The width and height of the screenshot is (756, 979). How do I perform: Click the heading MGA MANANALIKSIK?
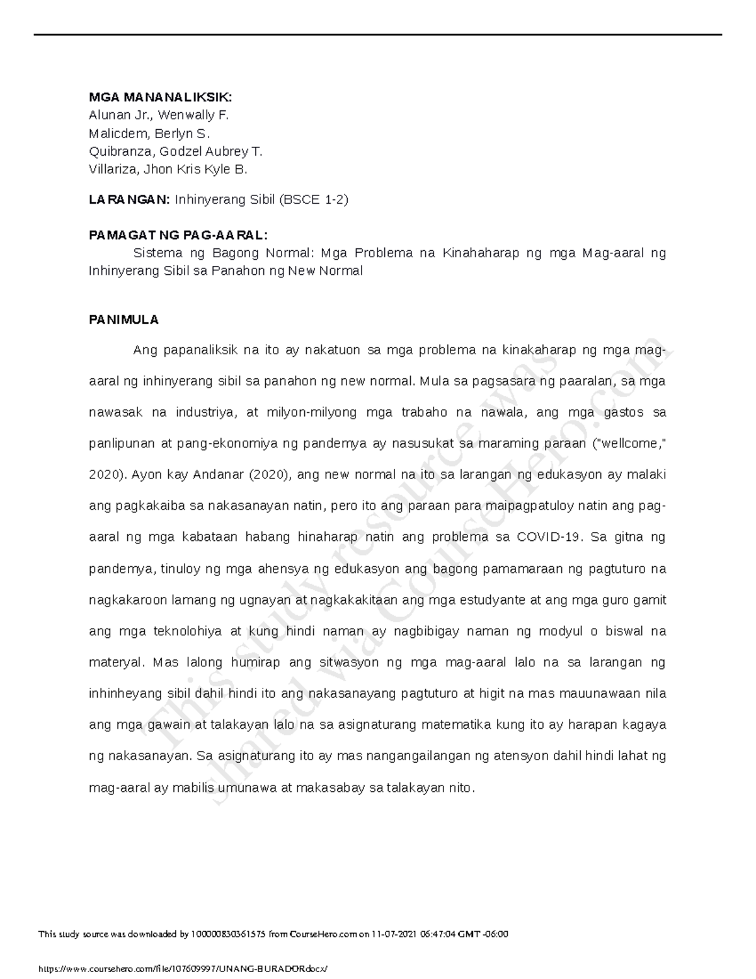[160, 97]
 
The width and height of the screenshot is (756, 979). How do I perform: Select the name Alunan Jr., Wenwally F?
[159, 115]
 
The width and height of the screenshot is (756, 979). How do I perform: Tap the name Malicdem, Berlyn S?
[149, 133]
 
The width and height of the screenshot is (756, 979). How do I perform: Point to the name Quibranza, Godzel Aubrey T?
[175, 151]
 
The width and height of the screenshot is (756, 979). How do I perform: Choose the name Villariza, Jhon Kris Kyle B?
[168, 169]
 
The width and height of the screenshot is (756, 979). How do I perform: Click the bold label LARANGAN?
[129, 200]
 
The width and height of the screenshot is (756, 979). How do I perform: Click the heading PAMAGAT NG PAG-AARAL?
[178, 235]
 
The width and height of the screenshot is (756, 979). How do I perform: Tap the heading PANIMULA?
[123, 320]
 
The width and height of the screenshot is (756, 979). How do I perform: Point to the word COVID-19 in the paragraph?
[551, 537]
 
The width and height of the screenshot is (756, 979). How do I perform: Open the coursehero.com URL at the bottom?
[183, 969]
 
